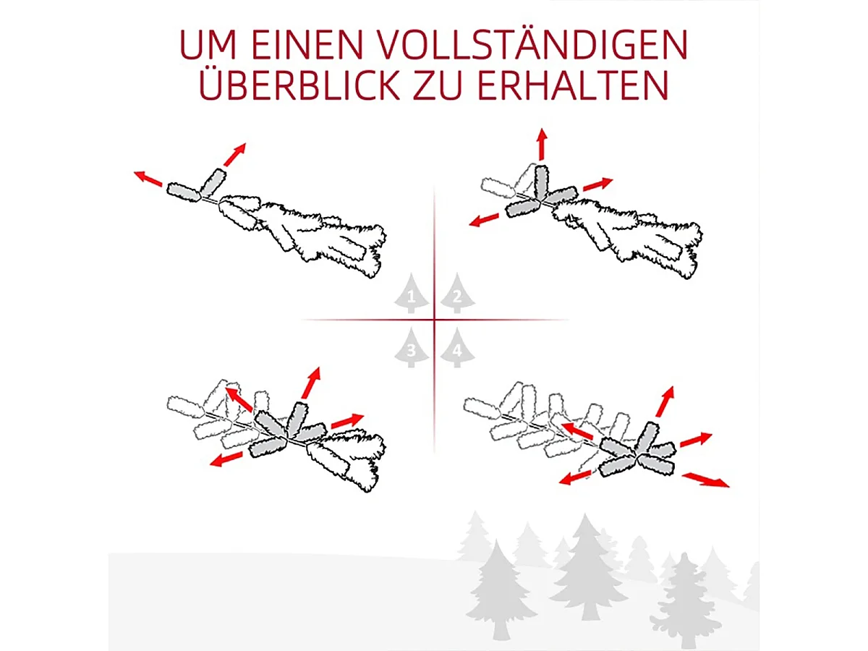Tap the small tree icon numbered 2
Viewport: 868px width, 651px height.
(457, 295)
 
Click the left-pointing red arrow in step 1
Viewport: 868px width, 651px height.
(148, 178)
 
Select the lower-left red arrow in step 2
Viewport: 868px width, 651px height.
(485, 219)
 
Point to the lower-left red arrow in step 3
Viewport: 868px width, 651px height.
(226, 459)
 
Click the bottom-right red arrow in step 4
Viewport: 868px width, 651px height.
(706, 480)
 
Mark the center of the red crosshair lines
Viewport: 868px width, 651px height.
(434, 319)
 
